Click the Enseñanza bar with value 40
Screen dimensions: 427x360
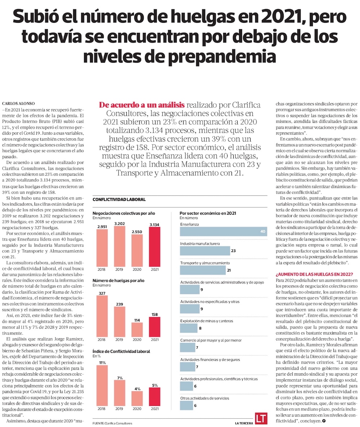(223, 232)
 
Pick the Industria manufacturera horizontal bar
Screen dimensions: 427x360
(204, 251)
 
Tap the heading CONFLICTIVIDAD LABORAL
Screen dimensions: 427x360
(119, 199)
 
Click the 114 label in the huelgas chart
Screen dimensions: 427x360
(137, 320)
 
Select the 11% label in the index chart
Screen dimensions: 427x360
(102, 363)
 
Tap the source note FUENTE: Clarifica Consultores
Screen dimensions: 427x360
(112, 423)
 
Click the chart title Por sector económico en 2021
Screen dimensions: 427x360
(208, 213)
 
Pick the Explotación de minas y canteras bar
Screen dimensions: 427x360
(189, 328)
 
